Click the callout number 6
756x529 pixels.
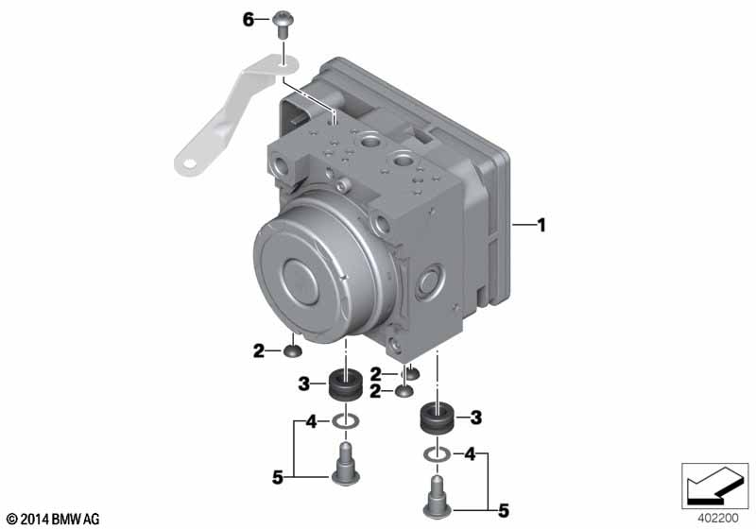[248, 20]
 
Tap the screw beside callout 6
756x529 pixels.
[281, 26]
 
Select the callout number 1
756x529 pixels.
[541, 225]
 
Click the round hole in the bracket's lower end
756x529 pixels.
[190, 163]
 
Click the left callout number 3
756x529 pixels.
[303, 384]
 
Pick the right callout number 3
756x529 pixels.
[476, 418]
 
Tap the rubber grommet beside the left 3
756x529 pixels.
[345, 384]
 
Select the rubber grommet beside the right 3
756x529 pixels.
[437, 418]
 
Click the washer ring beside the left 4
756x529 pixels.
[345, 422]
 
